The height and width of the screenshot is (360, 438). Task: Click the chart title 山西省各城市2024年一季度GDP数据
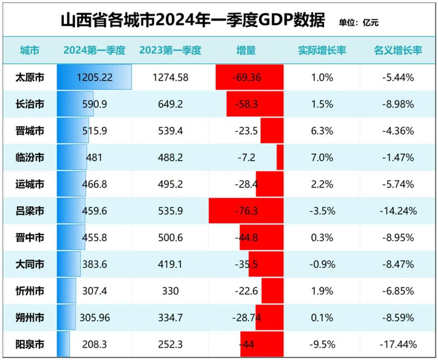(x=193, y=21)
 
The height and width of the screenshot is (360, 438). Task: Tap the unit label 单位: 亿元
(x=358, y=23)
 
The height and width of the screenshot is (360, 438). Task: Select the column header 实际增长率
(x=322, y=50)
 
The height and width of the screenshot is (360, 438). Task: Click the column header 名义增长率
(x=397, y=50)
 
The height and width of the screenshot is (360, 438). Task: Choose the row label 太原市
(x=29, y=77)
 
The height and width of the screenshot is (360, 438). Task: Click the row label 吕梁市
(x=29, y=211)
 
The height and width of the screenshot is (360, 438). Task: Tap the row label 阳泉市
(x=29, y=344)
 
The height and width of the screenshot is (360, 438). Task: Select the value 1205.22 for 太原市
(x=95, y=77)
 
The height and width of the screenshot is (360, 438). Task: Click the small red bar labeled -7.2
(x=280, y=157)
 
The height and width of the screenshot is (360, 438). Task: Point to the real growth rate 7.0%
(x=322, y=157)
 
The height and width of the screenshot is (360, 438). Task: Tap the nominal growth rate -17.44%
(x=397, y=344)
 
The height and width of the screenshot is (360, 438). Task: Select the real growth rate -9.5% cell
(x=322, y=344)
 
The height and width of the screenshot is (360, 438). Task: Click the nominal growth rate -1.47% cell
(x=397, y=157)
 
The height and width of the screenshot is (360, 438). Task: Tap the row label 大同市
(x=29, y=264)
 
